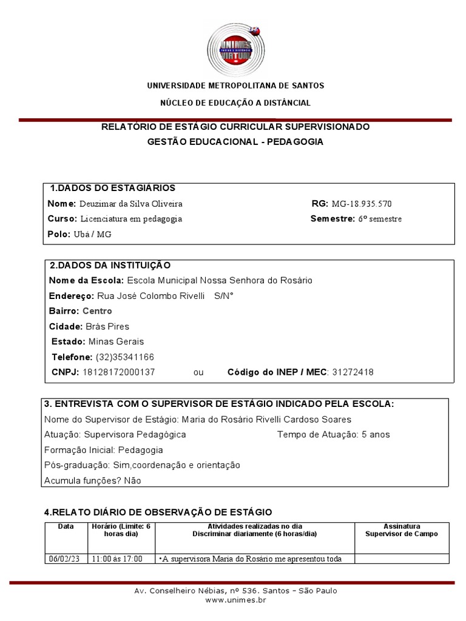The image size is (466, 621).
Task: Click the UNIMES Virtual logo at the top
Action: click(x=235, y=49)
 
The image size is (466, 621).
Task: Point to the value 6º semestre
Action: click(x=379, y=219)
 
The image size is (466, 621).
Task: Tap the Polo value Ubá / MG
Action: click(x=92, y=234)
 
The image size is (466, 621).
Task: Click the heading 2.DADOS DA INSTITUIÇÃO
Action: click(x=110, y=265)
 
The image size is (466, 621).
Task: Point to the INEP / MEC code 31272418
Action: click(x=353, y=372)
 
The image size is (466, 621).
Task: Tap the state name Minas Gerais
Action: click(x=116, y=341)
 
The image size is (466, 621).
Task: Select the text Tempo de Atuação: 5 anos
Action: click(x=334, y=435)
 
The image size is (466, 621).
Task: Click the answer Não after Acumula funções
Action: click(x=132, y=481)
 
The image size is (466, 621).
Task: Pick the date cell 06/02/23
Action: click(x=66, y=559)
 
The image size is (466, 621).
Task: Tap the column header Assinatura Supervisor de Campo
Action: click(x=401, y=530)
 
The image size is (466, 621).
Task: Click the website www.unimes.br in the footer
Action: click(x=235, y=600)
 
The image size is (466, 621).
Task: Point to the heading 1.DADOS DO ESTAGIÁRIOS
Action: click(x=112, y=188)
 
